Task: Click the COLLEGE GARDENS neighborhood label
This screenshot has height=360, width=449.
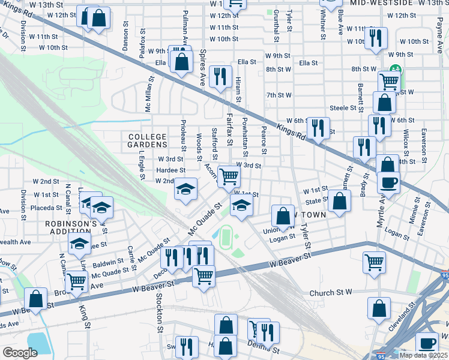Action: tap(148, 140)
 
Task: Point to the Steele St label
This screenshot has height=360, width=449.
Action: tap(343, 107)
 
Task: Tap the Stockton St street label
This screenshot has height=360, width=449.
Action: tap(160, 312)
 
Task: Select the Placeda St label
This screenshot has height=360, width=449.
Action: tap(45, 204)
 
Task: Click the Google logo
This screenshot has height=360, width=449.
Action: tap(20, 352)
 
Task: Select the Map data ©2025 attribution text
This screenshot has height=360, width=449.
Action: tap(423, 355)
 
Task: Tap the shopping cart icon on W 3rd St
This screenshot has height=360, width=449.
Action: tap(229, 176)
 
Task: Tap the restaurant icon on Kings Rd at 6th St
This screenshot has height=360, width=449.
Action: tap(318, 127)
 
